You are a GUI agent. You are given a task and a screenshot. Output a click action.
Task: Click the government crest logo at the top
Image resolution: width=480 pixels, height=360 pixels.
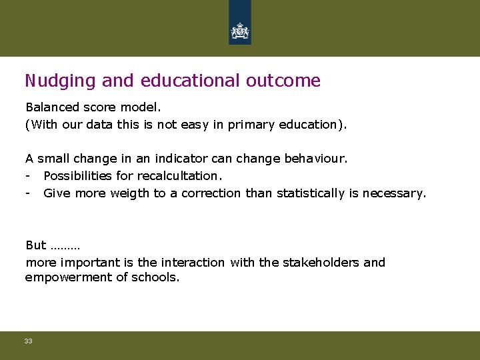click(x=239, y=30)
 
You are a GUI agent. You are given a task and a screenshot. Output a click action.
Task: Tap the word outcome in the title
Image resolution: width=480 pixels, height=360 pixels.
click(x=283, y=81)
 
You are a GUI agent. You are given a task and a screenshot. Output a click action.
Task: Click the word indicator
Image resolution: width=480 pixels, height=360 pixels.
click(x=180, y=159)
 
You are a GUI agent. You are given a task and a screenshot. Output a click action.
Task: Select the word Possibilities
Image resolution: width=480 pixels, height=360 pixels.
click(x=78, y=176)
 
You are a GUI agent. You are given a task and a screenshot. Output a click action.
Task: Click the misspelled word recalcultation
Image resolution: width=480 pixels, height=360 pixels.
click(x=181, y=176)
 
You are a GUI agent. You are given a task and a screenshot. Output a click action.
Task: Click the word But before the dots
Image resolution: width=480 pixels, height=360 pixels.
click(x=35, y=245)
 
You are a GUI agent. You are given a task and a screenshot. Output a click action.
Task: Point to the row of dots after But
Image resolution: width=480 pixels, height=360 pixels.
click(x=65, y=247)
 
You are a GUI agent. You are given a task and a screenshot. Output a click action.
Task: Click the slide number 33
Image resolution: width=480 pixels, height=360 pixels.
click(x=28, y=341)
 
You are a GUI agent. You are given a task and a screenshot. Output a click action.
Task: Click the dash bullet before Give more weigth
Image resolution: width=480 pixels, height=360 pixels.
click(x=28, y=193)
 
